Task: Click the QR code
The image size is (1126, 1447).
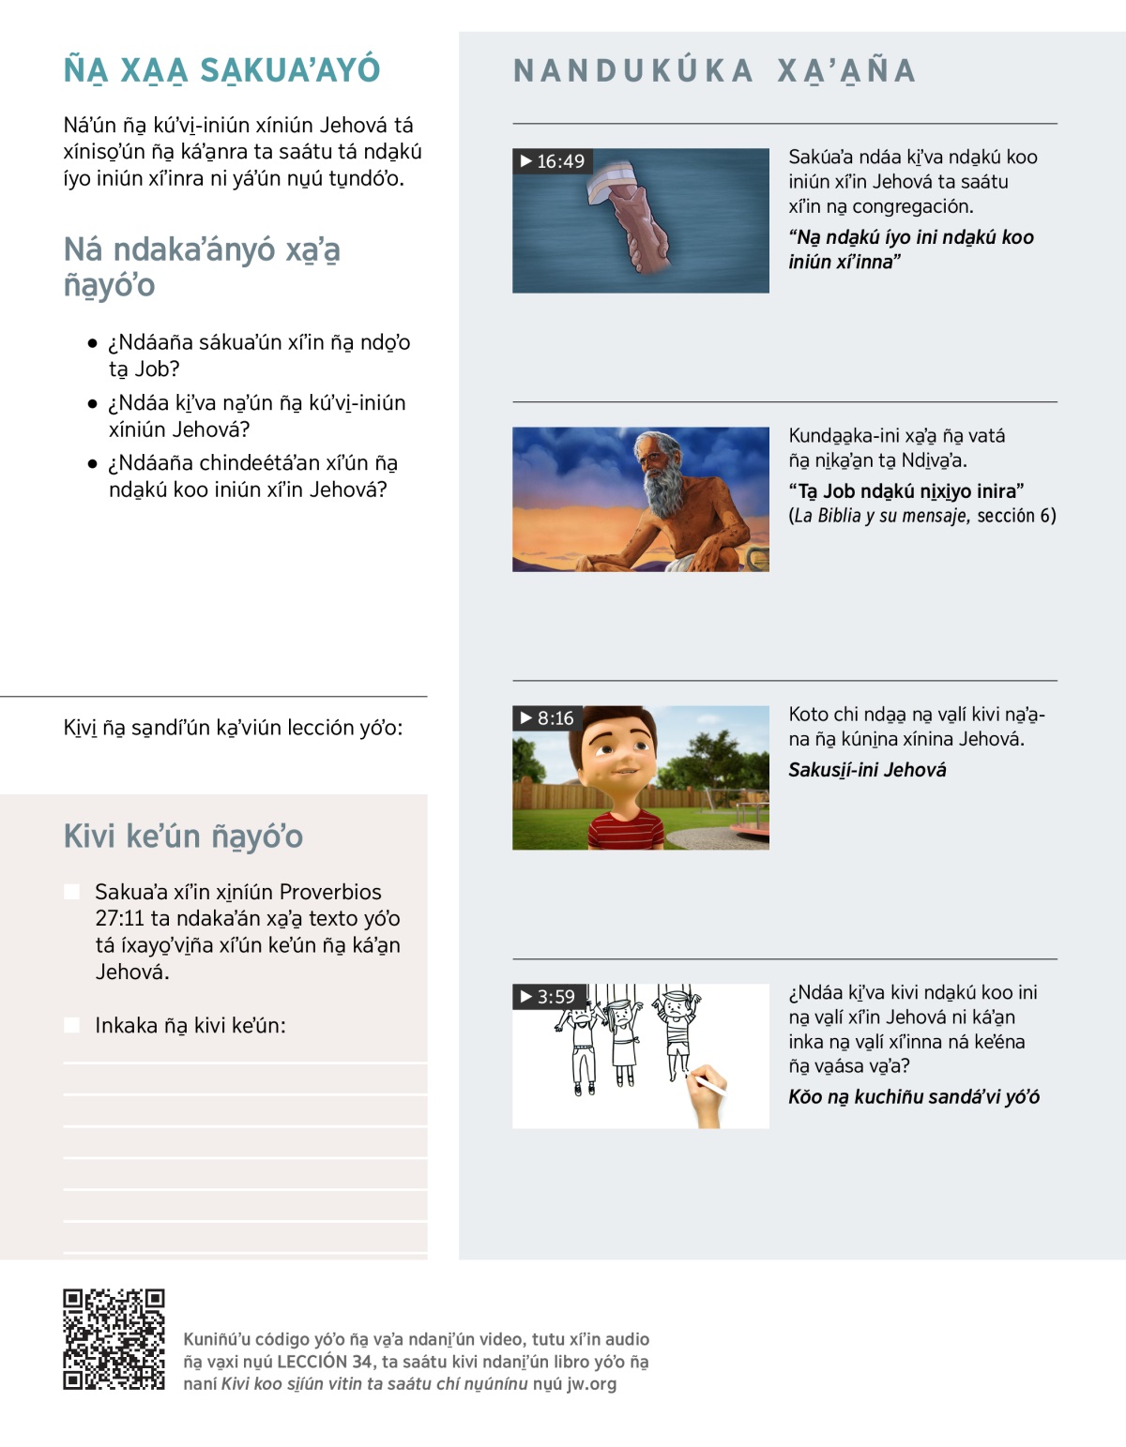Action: tap(114, 1339)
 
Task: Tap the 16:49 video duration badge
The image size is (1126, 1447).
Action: tap(553, 161)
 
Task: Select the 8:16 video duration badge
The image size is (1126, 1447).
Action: tap(547, 718)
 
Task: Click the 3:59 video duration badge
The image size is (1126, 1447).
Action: tap(548, 997)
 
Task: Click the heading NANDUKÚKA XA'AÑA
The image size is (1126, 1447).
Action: tap(714, 71)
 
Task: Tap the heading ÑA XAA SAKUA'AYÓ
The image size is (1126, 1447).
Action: tap(221, 70)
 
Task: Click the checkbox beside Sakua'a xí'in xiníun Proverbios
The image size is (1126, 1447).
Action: tap(71, 892)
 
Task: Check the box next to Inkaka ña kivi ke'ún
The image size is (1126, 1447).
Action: tap(71, 1025)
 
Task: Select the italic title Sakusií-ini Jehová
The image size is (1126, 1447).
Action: tap(867, 770)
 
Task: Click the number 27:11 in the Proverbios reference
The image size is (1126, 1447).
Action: tap(117, 919)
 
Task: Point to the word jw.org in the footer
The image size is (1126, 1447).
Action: tap(591, 1384)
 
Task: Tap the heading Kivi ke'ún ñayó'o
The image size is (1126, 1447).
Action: tap(183, 837)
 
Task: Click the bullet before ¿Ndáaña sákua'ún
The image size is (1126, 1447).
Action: tap(92, 343)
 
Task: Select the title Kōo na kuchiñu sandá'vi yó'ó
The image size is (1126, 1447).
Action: tap(913, 1097)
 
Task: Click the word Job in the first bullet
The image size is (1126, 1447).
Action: tap(158, 369)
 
